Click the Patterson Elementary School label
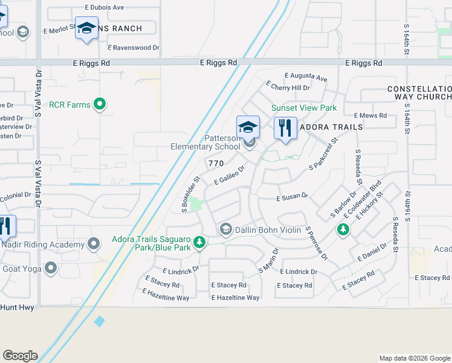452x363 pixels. point(205,142)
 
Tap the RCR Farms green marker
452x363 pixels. point(101,105)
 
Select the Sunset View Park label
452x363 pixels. point(303,108)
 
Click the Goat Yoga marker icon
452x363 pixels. point(51,267)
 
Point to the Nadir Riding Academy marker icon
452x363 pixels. point(94,244)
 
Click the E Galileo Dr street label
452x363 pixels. point(230,176)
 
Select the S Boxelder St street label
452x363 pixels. point(190,194)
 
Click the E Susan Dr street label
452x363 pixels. point(292,197)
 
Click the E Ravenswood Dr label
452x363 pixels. point(134,47)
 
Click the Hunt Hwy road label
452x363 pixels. point(15,307)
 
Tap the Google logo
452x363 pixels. point(20,356)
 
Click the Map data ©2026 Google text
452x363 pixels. point(414,358)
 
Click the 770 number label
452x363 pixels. point(216,163)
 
